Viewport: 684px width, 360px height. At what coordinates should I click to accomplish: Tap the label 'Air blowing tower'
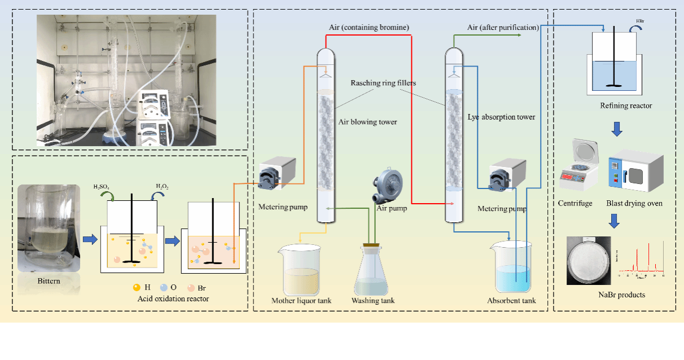[367, 122]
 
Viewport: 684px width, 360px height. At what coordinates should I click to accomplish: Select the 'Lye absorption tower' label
[501, 117]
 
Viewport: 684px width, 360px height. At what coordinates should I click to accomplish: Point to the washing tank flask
[372, 271]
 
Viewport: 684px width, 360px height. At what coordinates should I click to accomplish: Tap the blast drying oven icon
[635, 169]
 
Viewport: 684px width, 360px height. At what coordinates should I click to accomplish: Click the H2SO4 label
[106, 187]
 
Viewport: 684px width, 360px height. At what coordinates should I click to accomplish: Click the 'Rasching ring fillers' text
[383, 83]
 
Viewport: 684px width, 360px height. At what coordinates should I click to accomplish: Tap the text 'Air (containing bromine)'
[369, 27]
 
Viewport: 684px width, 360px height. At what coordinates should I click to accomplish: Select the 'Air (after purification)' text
[503, 27]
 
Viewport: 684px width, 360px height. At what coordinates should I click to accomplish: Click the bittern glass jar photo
[49, 228]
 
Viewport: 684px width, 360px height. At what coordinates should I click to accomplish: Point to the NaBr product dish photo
[589, 261]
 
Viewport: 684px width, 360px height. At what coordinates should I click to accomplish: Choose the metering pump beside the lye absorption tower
[507, 176]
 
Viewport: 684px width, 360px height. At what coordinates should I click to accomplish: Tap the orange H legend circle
[136, 287]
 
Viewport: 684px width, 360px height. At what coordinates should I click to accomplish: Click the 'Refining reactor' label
[626, 106]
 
